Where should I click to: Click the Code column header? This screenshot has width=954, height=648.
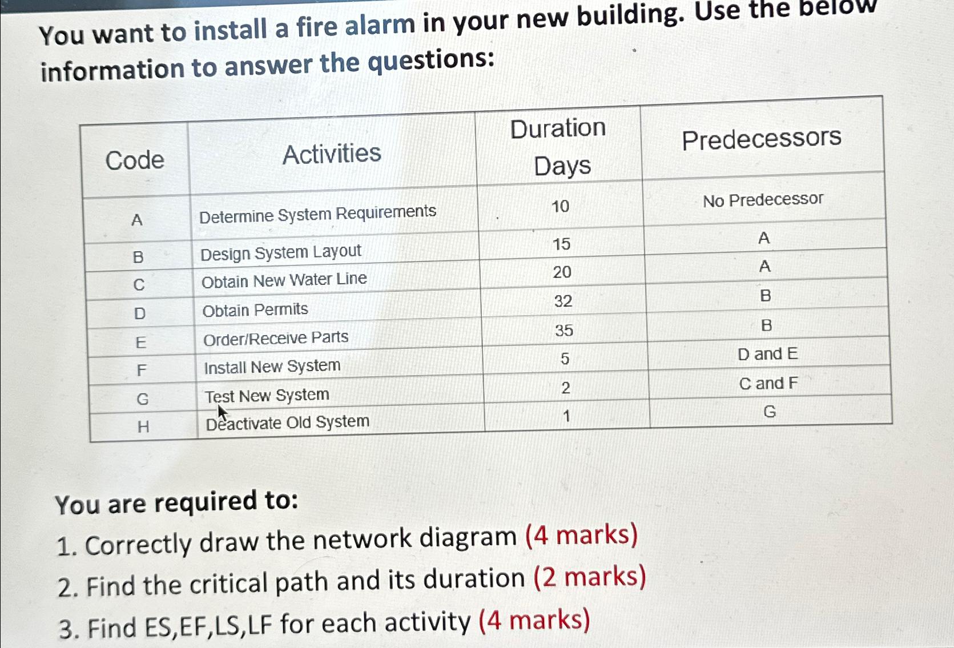[135, 160]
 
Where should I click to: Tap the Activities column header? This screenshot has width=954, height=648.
[332, 154]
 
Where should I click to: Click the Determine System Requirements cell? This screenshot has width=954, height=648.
[317, 214]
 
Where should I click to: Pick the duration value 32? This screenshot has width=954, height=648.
[563, 301]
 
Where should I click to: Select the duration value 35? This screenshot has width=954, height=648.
[564, 330]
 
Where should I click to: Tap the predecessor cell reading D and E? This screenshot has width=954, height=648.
[767, 354]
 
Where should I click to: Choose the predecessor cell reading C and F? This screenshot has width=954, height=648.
[768, 383]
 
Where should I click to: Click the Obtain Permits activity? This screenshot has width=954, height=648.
[255, 310]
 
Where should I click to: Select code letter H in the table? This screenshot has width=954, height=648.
[143, 426]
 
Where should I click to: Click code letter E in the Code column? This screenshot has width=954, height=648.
[140, 342]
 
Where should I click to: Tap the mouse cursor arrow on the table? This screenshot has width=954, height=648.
[222, 412]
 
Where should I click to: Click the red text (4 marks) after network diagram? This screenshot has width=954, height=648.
[581, 536]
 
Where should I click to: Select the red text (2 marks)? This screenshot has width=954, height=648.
[590, 577]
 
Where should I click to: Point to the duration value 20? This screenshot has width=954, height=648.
[562, 272]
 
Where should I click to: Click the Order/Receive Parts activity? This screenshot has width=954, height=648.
[276, 339]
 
